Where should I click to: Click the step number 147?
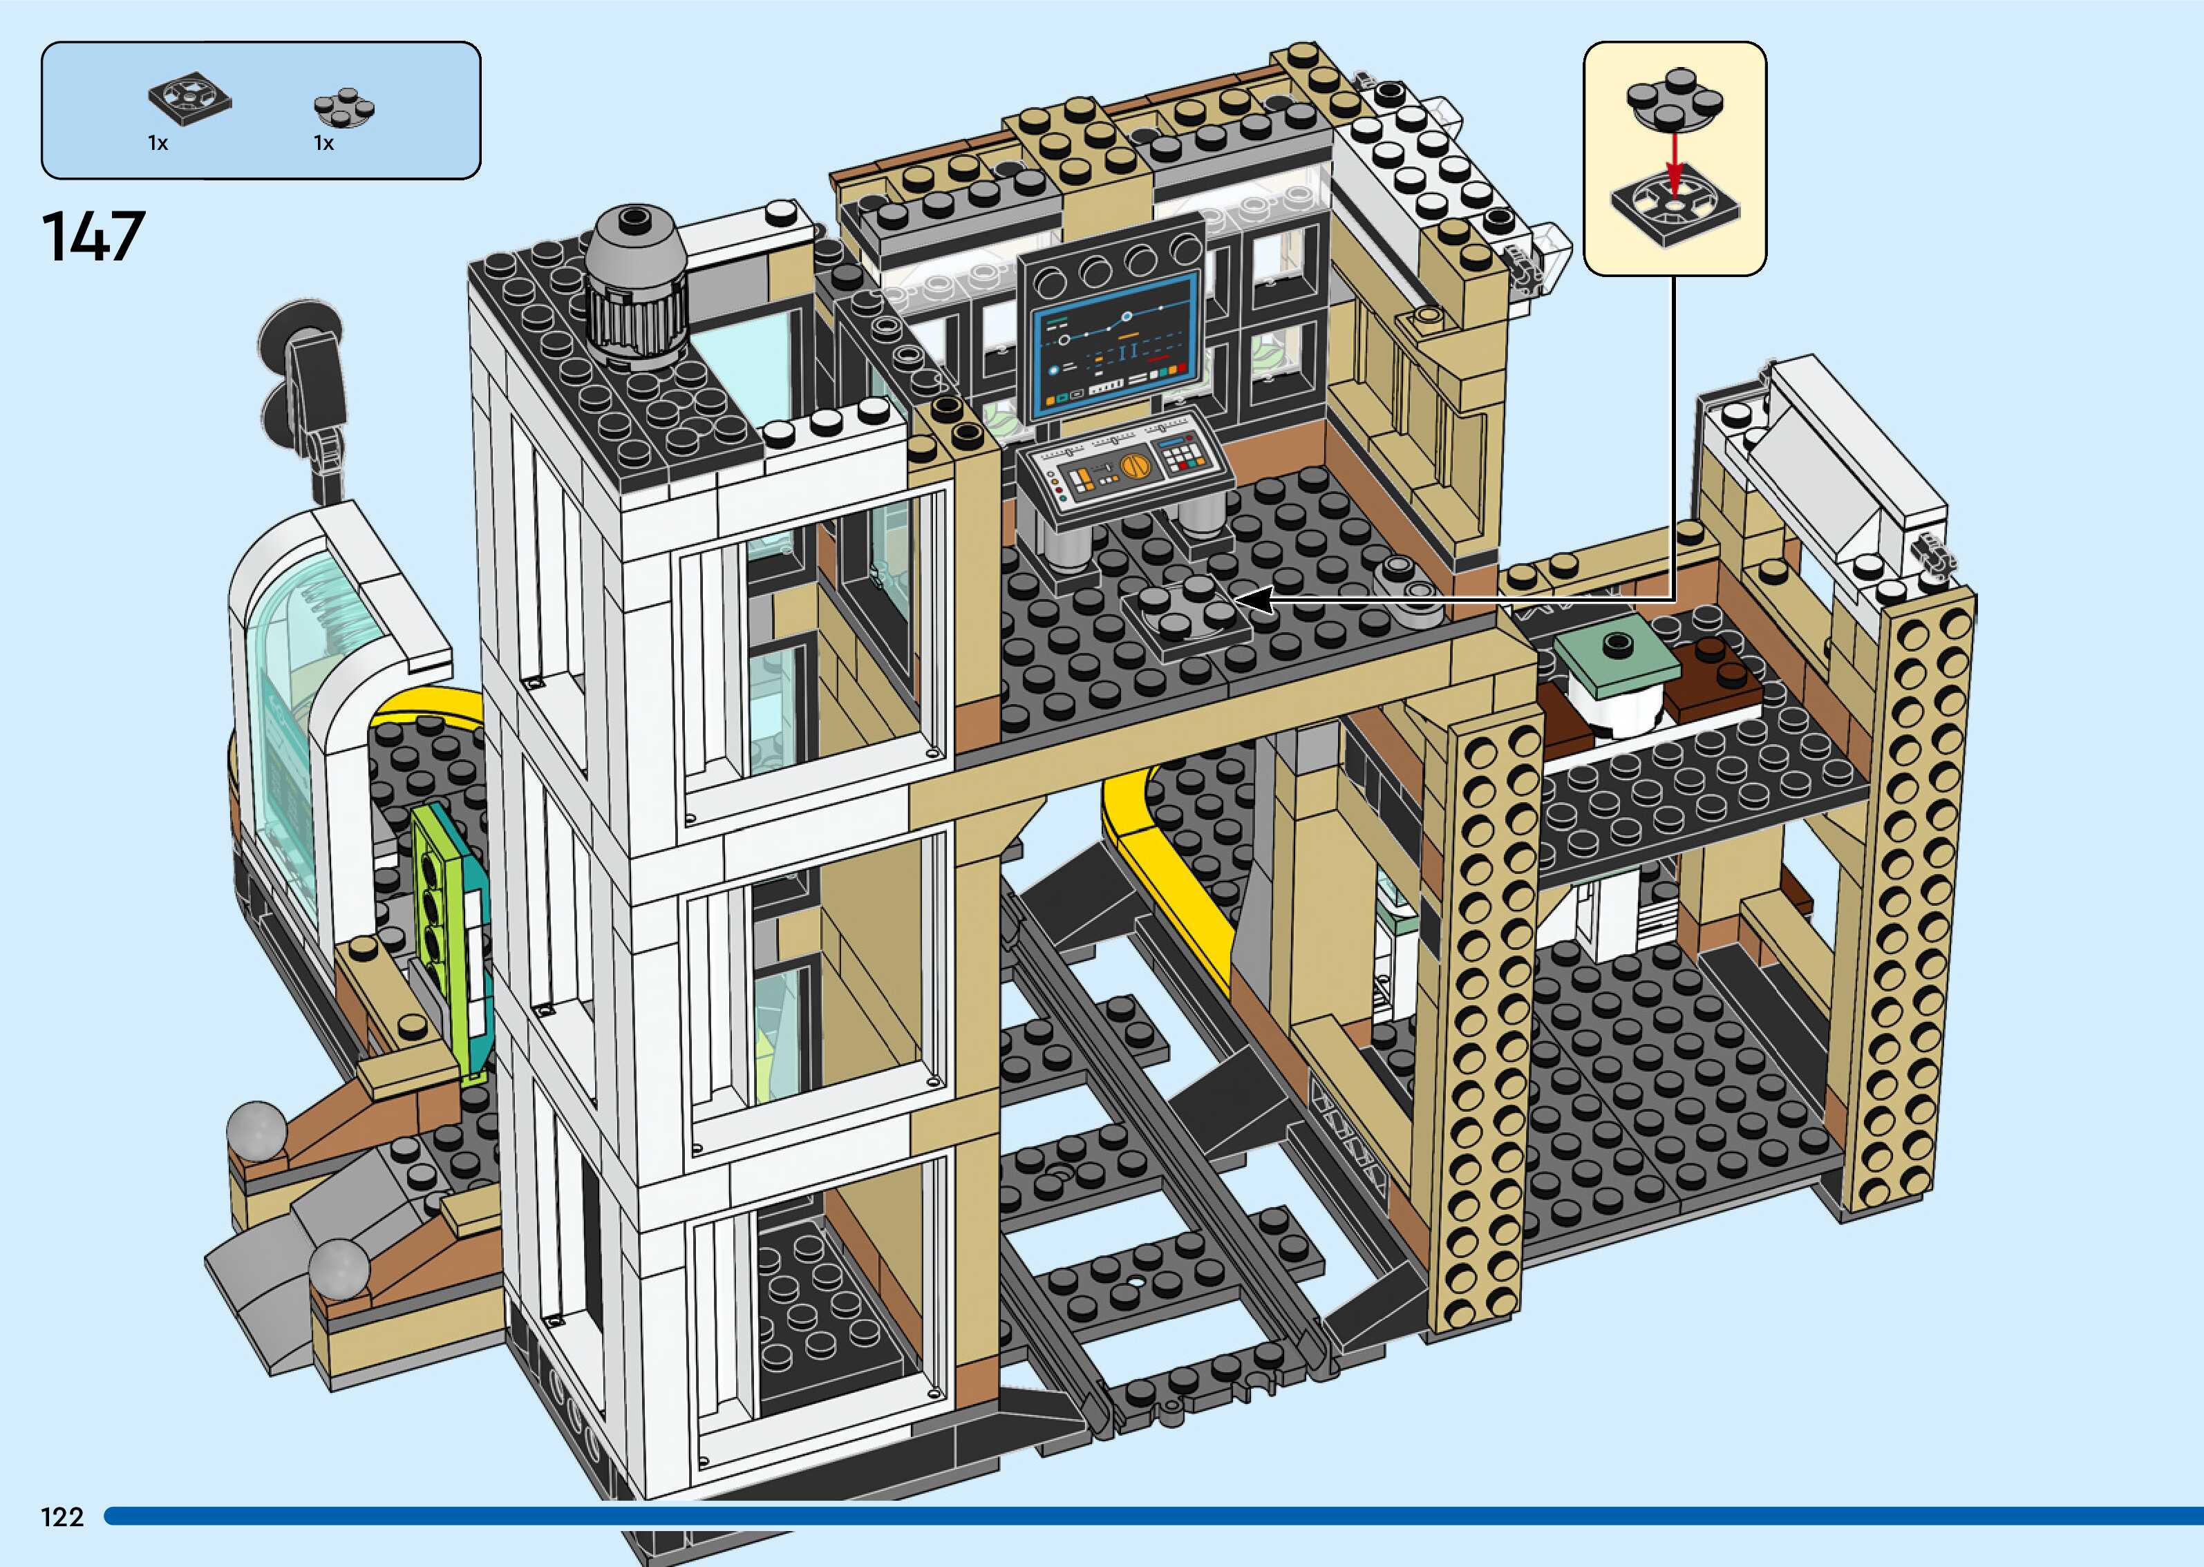click(x=93, y=238)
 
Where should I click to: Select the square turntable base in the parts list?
click(x=190, y=97)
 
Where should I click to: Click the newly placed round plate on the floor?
click(x=1186, y=608)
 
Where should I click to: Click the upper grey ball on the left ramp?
click(x=256, y=1128)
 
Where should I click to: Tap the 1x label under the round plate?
click(x=323, y=144)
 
